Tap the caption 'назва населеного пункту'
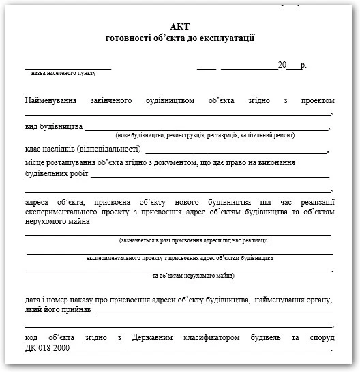click(69, 72)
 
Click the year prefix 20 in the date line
click(282, 66)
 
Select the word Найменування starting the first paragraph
click(54, 100)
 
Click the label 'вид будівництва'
click(54, 126)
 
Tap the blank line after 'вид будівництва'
click(205, 128)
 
